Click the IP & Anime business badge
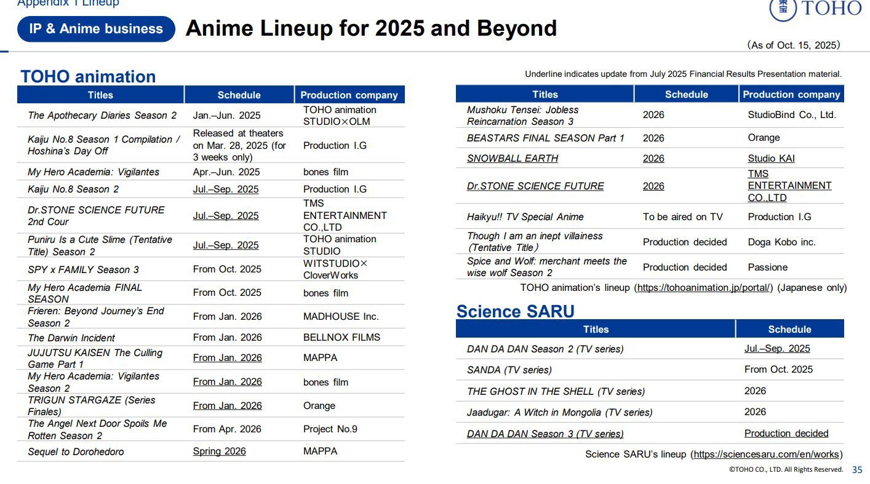click(x=96, y=29)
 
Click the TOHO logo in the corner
click(x=816, y=9)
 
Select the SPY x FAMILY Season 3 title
click(x=83, y=269)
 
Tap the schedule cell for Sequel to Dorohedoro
click(x=220, y=451)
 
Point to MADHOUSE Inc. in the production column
click(x=341, y=316)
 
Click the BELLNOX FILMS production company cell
click(x=341, y=337)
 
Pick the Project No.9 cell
click(x=330, y=429)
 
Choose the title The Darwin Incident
click(x=71, y=338)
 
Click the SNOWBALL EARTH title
click(x=513, y=158)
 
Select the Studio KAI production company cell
click(x=771, y=158)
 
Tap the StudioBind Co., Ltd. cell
click(x=791, y=115)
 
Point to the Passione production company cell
click(x=767, y=268)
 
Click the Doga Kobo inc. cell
click(x=781, y=242)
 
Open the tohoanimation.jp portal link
click(x=703, y=288)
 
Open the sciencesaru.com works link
click(x=767, y=454)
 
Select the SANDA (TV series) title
click(x=509, y=370)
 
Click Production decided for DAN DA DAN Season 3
click(x=786, y=433)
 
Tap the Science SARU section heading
click(x=515, y=311)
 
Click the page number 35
click(x=857, y=470)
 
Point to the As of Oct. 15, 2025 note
click(x=794, y=45)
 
